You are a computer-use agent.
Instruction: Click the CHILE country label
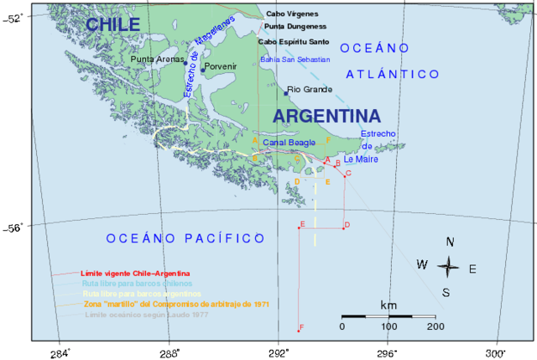tap(112, 25)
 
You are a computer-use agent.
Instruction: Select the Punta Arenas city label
tap(156, 60)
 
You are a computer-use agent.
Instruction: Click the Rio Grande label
tap(310, 89)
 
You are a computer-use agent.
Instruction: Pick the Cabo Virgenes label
tap(293, 14)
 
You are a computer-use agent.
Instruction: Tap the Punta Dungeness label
tap(296, 27)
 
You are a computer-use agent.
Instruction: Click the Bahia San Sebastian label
tap(295, 60)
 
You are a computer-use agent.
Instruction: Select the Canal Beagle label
tap(290, 143)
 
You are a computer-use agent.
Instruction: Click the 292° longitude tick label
tap(279, 352)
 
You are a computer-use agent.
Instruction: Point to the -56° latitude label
tap(16, 226)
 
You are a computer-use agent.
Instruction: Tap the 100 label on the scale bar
tap(389, 326)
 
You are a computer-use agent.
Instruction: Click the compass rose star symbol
tap(449, 268)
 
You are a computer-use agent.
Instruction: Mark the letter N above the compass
tap(451, 243)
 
